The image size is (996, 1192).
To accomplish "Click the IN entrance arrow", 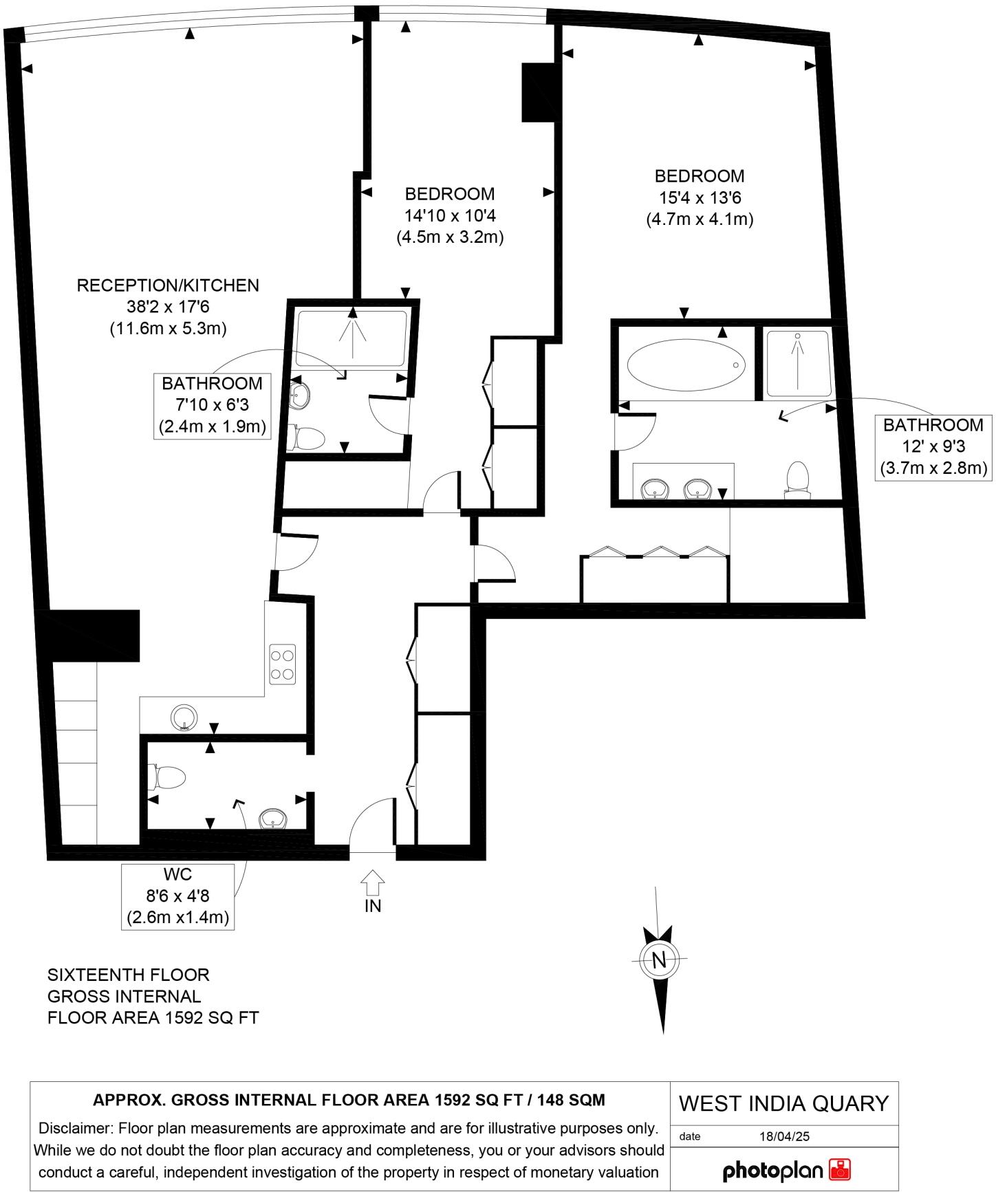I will [x=372, y=881].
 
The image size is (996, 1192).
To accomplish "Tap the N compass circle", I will [x=659, y=960].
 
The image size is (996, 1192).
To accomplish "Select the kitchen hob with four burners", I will [x=282, y=664].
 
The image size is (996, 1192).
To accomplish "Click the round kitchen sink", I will [x=184, y=717].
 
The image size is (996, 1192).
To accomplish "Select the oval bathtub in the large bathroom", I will [x=686, y=365].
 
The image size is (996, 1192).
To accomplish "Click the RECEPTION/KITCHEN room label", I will [x=168, y=285].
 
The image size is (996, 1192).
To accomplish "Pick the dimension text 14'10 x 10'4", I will [x=450, y=216].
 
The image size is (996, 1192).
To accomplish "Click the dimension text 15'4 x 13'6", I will [x=700, y=198].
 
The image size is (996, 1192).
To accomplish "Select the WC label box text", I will [x=177, y=875].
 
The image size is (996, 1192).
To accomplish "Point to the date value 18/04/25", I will [x=784, y=1136].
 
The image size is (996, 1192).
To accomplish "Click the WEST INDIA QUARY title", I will [x=783, y=1103].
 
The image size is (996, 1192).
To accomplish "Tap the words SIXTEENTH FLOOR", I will [x=128, y=975].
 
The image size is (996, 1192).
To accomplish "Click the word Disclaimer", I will [x=75, y=1129].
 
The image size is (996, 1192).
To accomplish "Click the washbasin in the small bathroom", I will [x=301, y=395].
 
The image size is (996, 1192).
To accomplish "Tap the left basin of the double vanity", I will [x=654, y=489].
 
